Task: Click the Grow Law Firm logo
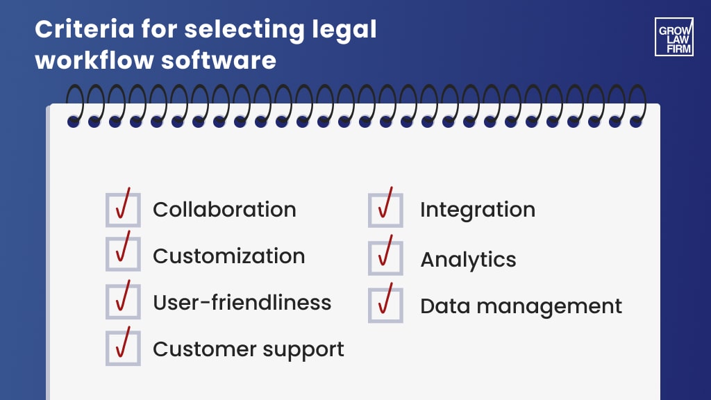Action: pyautogui.click(x=674, y=37)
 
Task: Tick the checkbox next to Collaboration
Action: pyautogui.click(x=123, y=210)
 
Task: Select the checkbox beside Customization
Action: pyautogui.click(x=123, y=254)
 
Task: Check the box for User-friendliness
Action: pyautogui.click(x=123, y=301)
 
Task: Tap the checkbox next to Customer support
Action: pyautogui.click(x=123, y=348)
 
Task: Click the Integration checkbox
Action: pyautogui.click(x=385, y=210)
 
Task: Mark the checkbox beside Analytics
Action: pyautogui.click(x=385, y=258)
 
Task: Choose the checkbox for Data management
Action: pyautogui.click(x=385, y=306)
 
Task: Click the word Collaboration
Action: pyautogui.click(x=224, y=210)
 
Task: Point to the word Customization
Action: pyautogui.click(x=228, y=256)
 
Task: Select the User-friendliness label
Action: pyautogui.click(x=242, y=303)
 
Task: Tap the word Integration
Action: pyautogui.click(x=478, y=210)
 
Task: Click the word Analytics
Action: pyautogui.click(x=469, y=260)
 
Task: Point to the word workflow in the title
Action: pyautogui.click(x=93, y=60)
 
